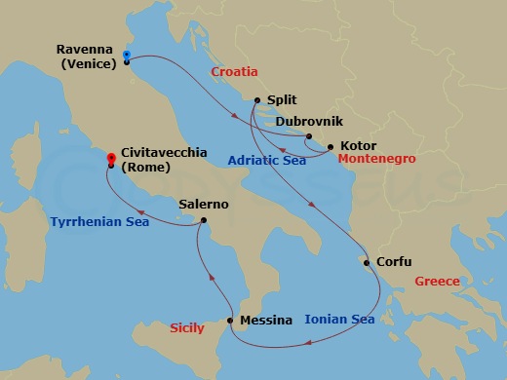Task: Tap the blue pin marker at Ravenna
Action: (128, 56)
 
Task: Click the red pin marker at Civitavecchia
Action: (108, 156)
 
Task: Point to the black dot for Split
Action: (256, 99)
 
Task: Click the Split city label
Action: (281, 99)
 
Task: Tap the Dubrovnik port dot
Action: (308, 136)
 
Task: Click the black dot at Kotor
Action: (330, 147)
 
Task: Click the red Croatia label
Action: (233, 72)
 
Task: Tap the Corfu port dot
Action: (366, 262)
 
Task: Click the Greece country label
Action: (437, 282)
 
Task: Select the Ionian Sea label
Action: (339, 319)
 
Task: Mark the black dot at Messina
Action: (229, 321)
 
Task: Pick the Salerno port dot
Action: (203, 220)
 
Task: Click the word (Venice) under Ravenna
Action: (87, 64)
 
